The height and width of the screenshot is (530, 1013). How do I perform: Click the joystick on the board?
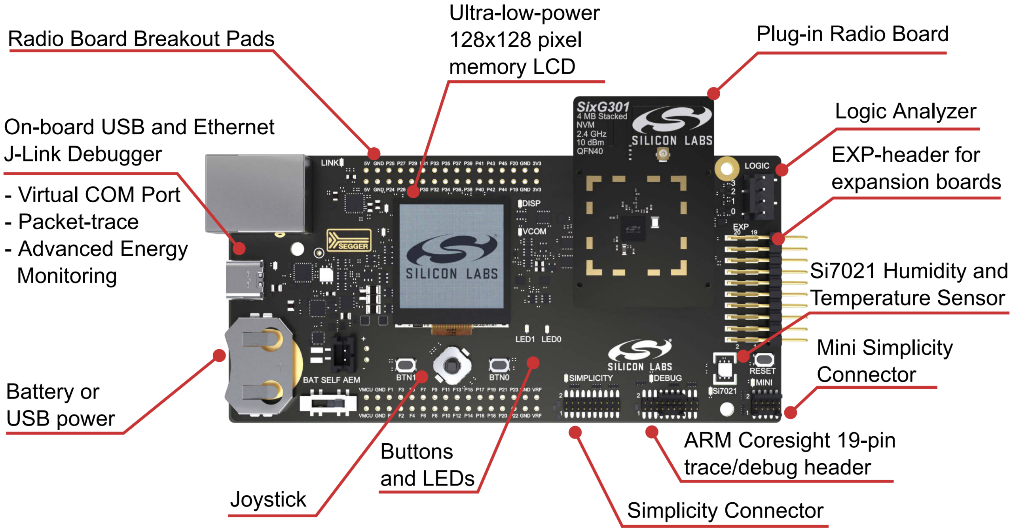tap(451, 366)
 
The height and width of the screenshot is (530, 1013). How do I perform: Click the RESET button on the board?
tap(763, 360)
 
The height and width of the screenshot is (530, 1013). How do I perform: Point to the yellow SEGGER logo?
tap(349, 241)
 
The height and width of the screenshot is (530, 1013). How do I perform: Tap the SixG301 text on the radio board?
tap(603, 107)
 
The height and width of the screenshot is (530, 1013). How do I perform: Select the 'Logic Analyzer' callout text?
tap(905, 111)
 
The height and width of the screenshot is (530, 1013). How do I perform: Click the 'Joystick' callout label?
tap(268, 499)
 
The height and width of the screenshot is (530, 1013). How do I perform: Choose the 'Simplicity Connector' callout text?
tap(725, 510)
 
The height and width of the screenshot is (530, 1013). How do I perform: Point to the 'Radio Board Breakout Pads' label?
tap(141, 39)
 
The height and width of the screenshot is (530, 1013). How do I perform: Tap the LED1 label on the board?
tap(525, 339)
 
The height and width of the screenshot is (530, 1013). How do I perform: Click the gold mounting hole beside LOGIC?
tap(726, 169)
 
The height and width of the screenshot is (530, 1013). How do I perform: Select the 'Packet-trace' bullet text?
tap(78, 222)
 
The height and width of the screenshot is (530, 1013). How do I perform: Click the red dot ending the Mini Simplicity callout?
tap(790, 412)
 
